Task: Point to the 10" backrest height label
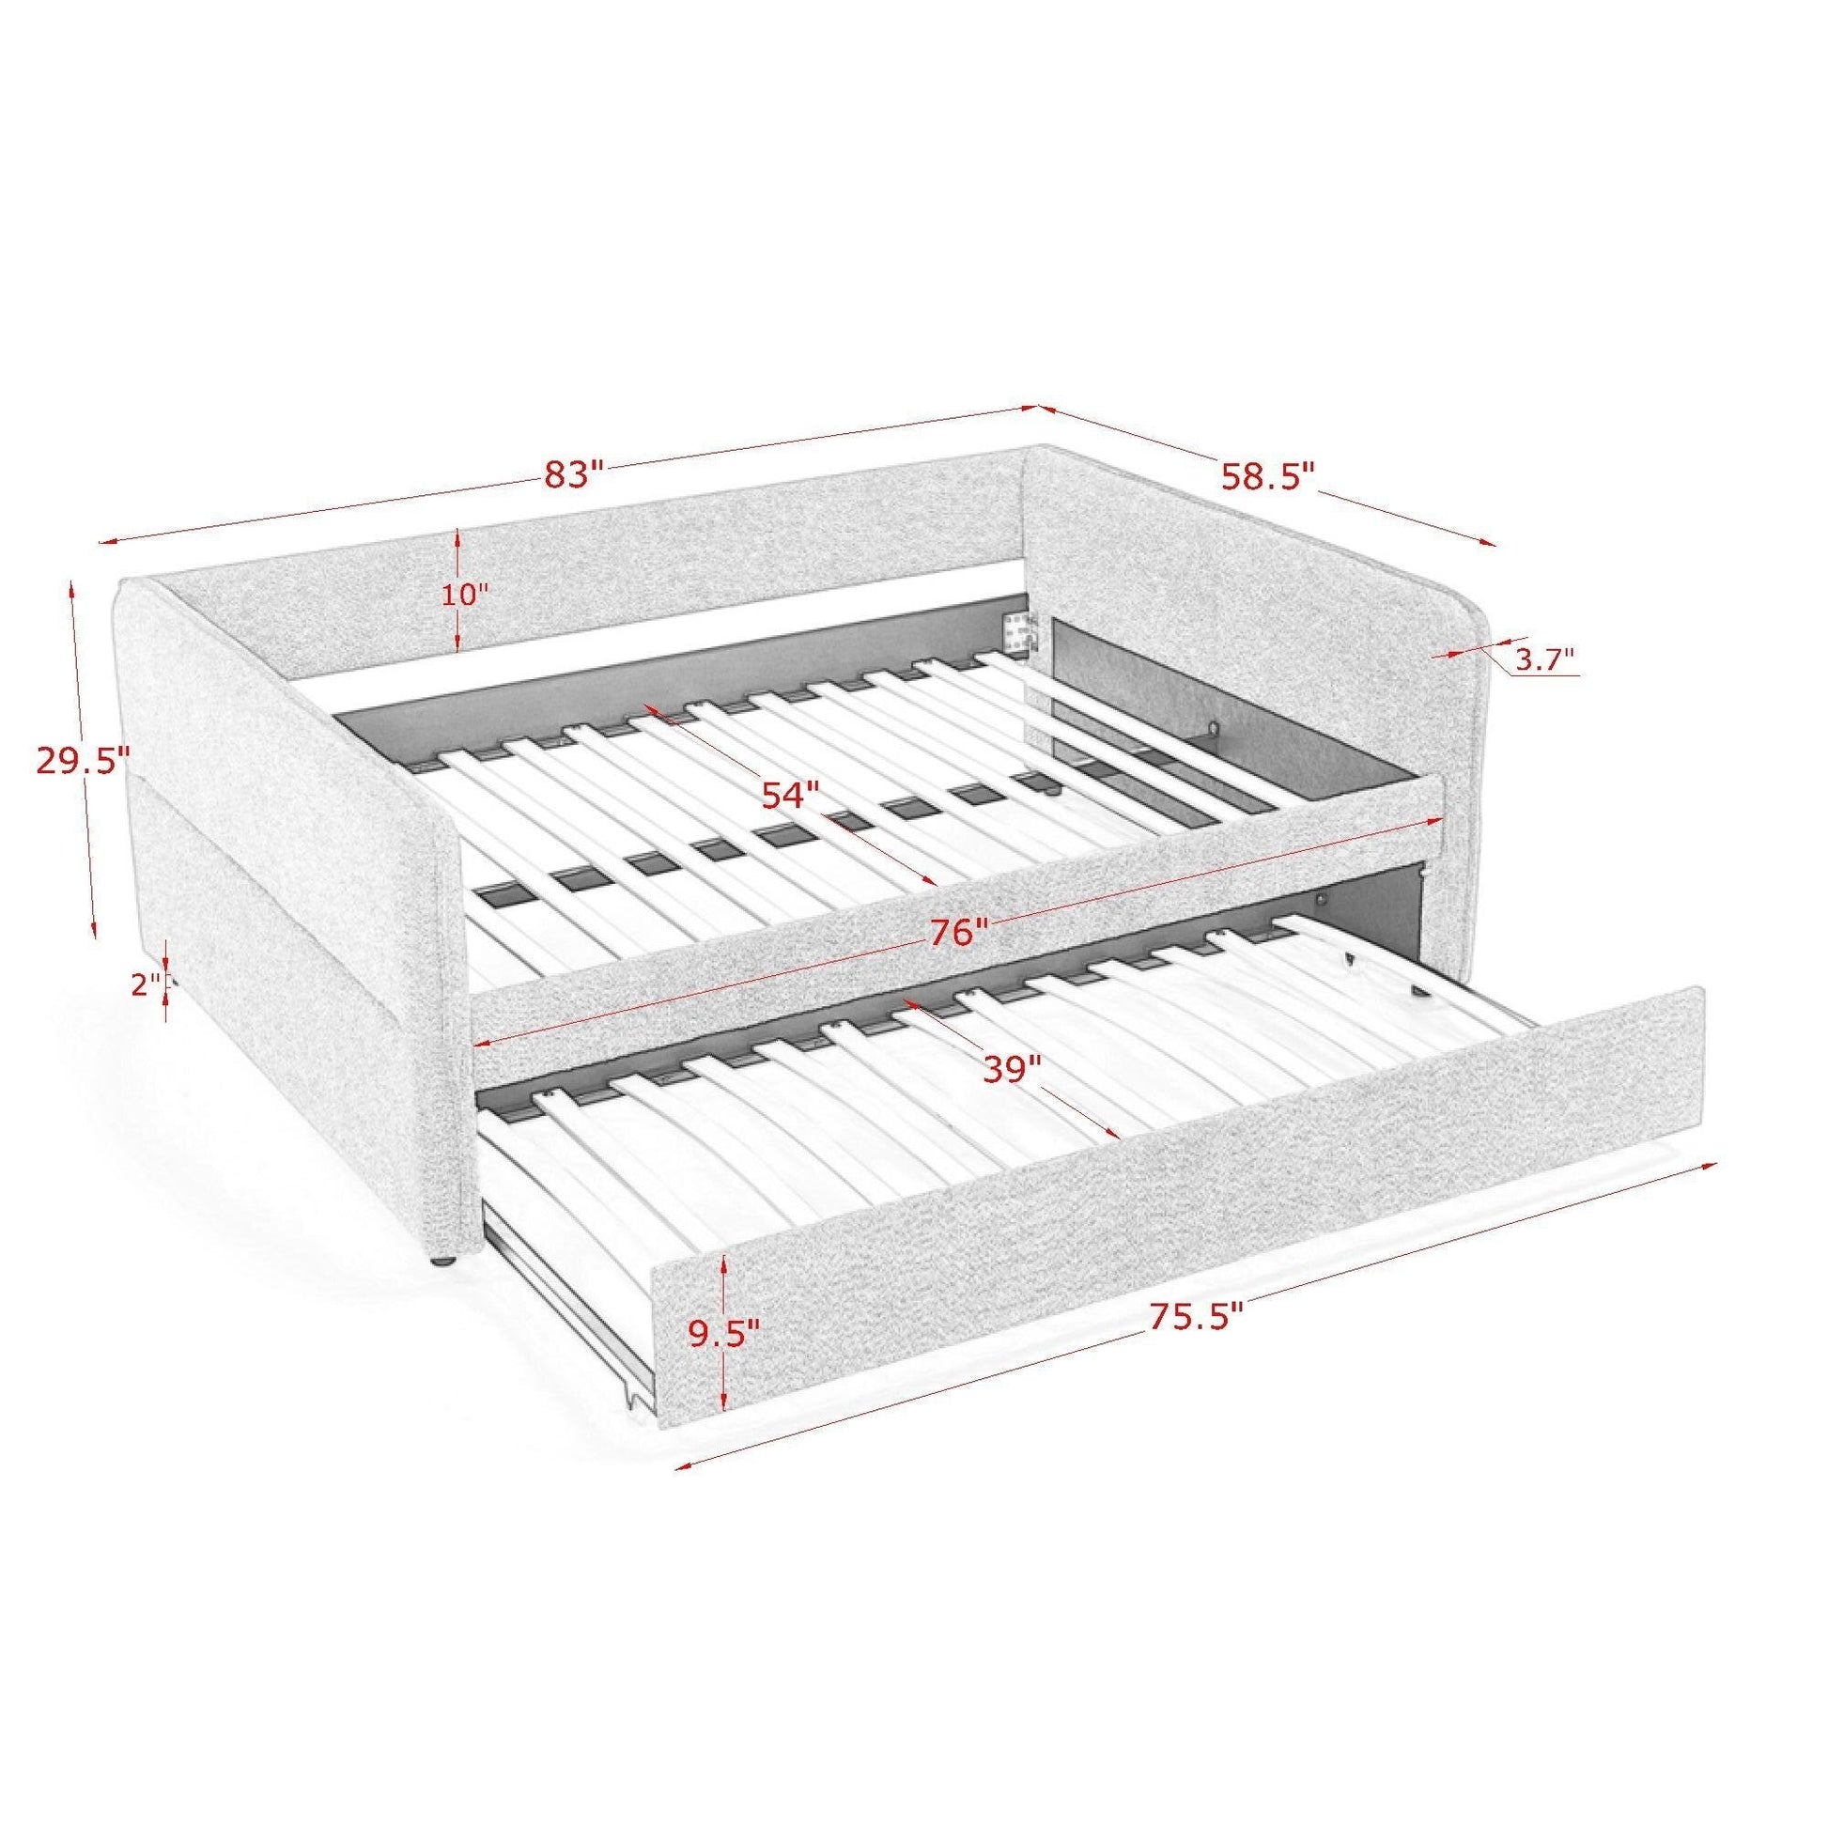(466, 595)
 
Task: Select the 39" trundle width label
(1012, 1069)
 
